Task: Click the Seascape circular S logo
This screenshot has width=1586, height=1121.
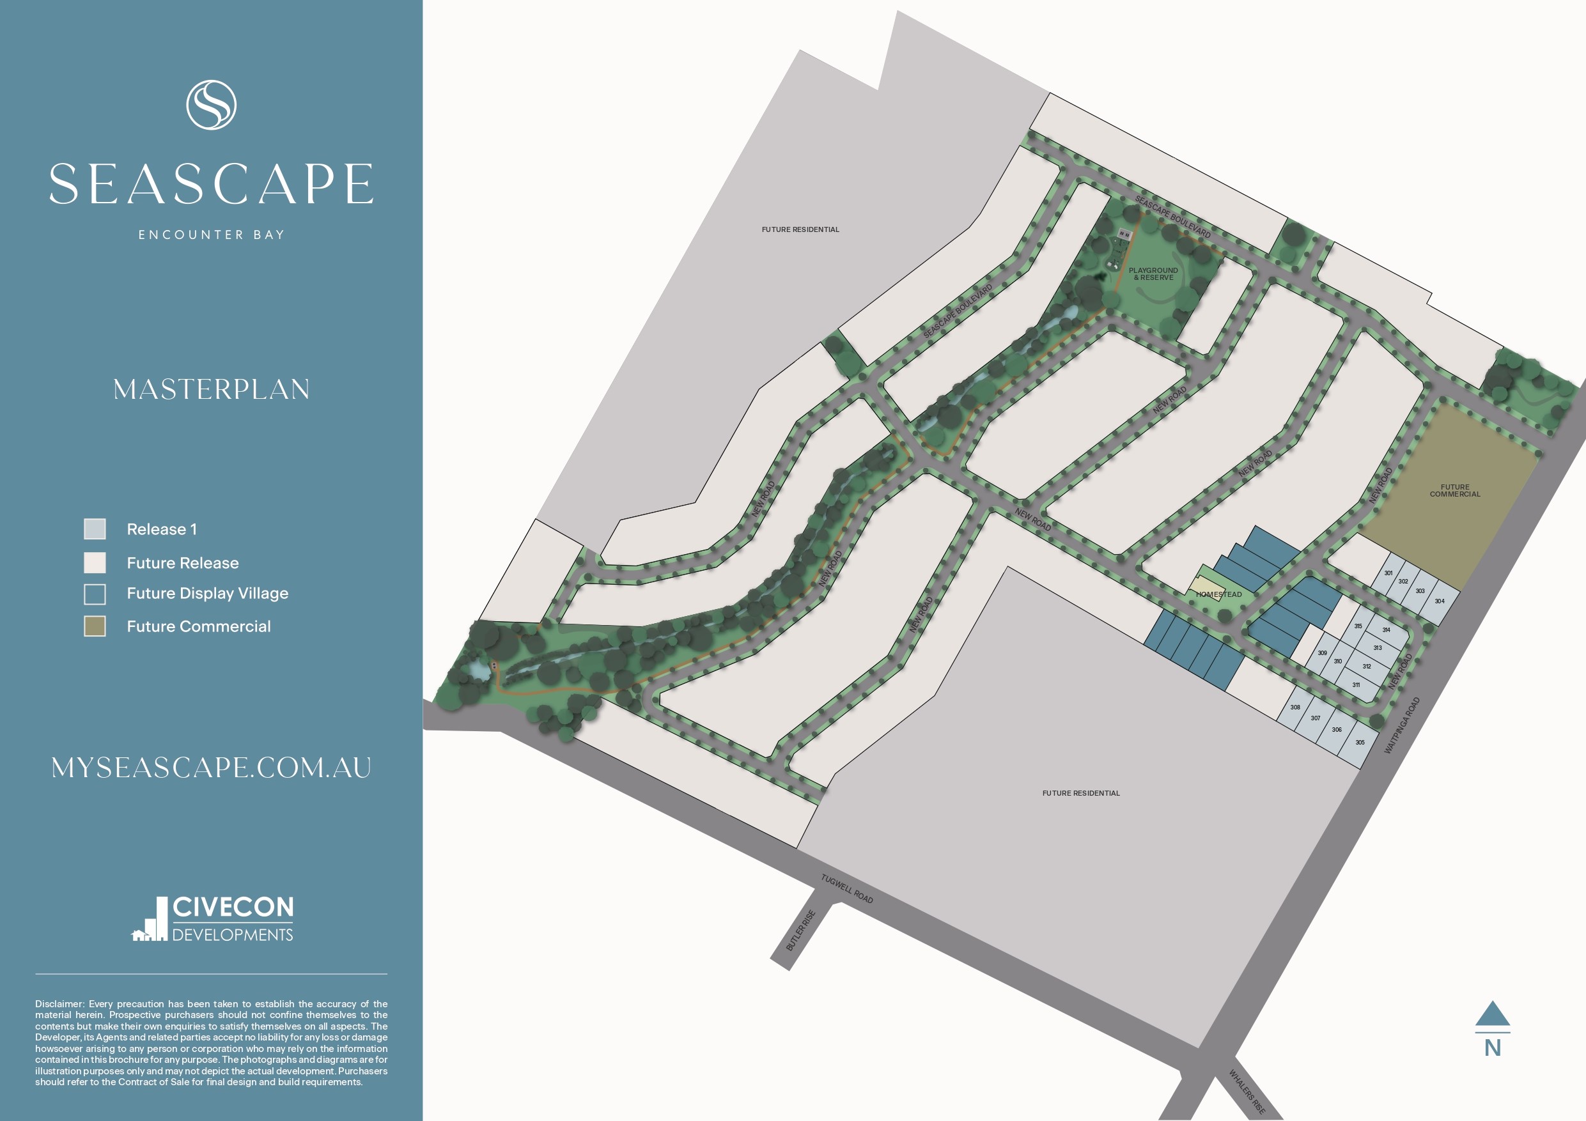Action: click(x=212, y=105)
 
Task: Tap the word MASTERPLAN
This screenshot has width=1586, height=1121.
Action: click(x=212, y=390)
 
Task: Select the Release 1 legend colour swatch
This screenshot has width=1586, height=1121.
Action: click(x=95, y=529)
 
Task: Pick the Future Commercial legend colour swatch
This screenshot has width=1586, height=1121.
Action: click(x=95, y=626)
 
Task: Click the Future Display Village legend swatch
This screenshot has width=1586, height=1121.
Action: click(x=95, y=594)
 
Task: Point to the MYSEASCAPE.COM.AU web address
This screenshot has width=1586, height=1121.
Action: click(x=212, y=768)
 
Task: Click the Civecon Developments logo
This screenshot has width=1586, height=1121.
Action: click(x=213, y=919)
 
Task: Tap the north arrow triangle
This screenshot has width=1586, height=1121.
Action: click(x=1492, y=1013)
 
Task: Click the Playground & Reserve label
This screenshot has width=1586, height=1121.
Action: click(x=1153, y=274)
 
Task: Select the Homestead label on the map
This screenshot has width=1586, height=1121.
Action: click(x=1219, y=594)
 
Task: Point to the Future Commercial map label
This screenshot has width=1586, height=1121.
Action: click(x=1455, y=490)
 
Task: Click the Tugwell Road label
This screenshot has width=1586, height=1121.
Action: click(x=847, y=889)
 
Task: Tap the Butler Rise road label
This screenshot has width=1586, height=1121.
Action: click(x=800, y=931)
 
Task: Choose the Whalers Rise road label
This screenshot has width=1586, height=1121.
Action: click(x=1247, y=1092)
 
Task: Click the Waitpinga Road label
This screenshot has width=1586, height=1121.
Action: click(x=1403, y=725)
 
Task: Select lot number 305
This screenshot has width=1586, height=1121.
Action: click(x=1360, y=743)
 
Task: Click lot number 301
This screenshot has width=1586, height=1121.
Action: click(x=1388, y=573)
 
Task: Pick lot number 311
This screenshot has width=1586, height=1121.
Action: click(x=1356, y=685)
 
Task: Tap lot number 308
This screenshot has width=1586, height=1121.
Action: click(x=1295, y=707)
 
